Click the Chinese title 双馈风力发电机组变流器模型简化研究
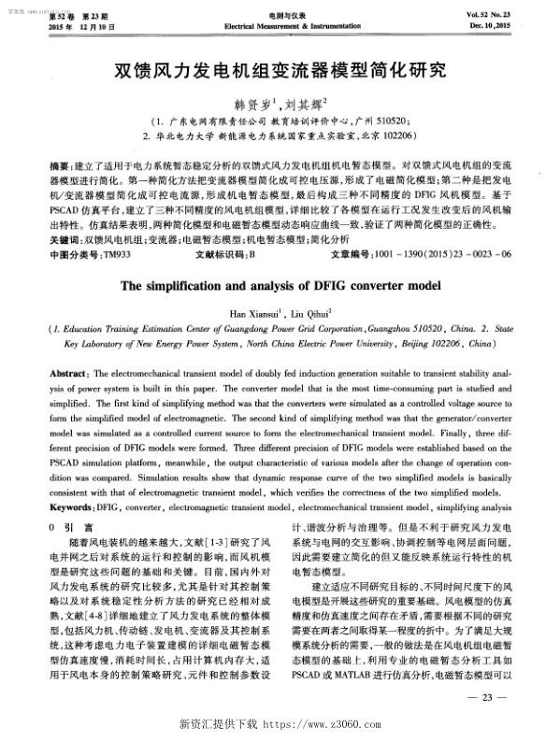pos(280,70)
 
